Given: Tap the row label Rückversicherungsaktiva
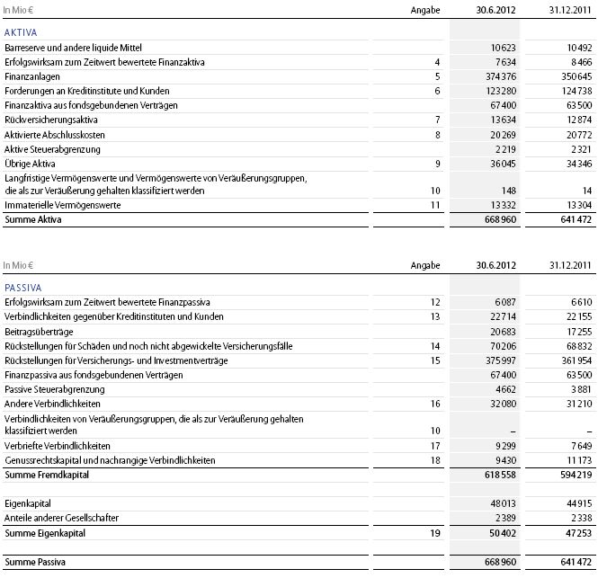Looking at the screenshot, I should click(52, 120).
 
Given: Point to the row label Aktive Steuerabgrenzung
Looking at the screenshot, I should click(52, 148).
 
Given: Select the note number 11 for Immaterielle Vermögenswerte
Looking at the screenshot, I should click(436, 206).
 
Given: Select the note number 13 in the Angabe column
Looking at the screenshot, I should click(436, 317).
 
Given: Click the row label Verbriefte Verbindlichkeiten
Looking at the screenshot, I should click(58, 446).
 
